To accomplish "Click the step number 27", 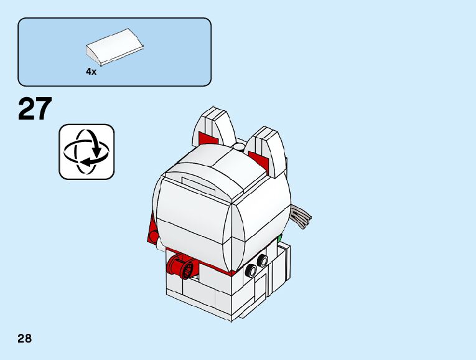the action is (35, 110).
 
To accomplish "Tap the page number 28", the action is (25, 339).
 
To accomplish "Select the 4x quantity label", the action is (91, 72).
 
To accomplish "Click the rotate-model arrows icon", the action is (86, 152).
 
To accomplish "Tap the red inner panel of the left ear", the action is (205, 138).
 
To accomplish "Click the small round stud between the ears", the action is (239, 148).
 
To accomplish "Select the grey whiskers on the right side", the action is (301, 217).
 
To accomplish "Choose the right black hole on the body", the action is (264, 260).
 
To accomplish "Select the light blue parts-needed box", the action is (114, 52).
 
